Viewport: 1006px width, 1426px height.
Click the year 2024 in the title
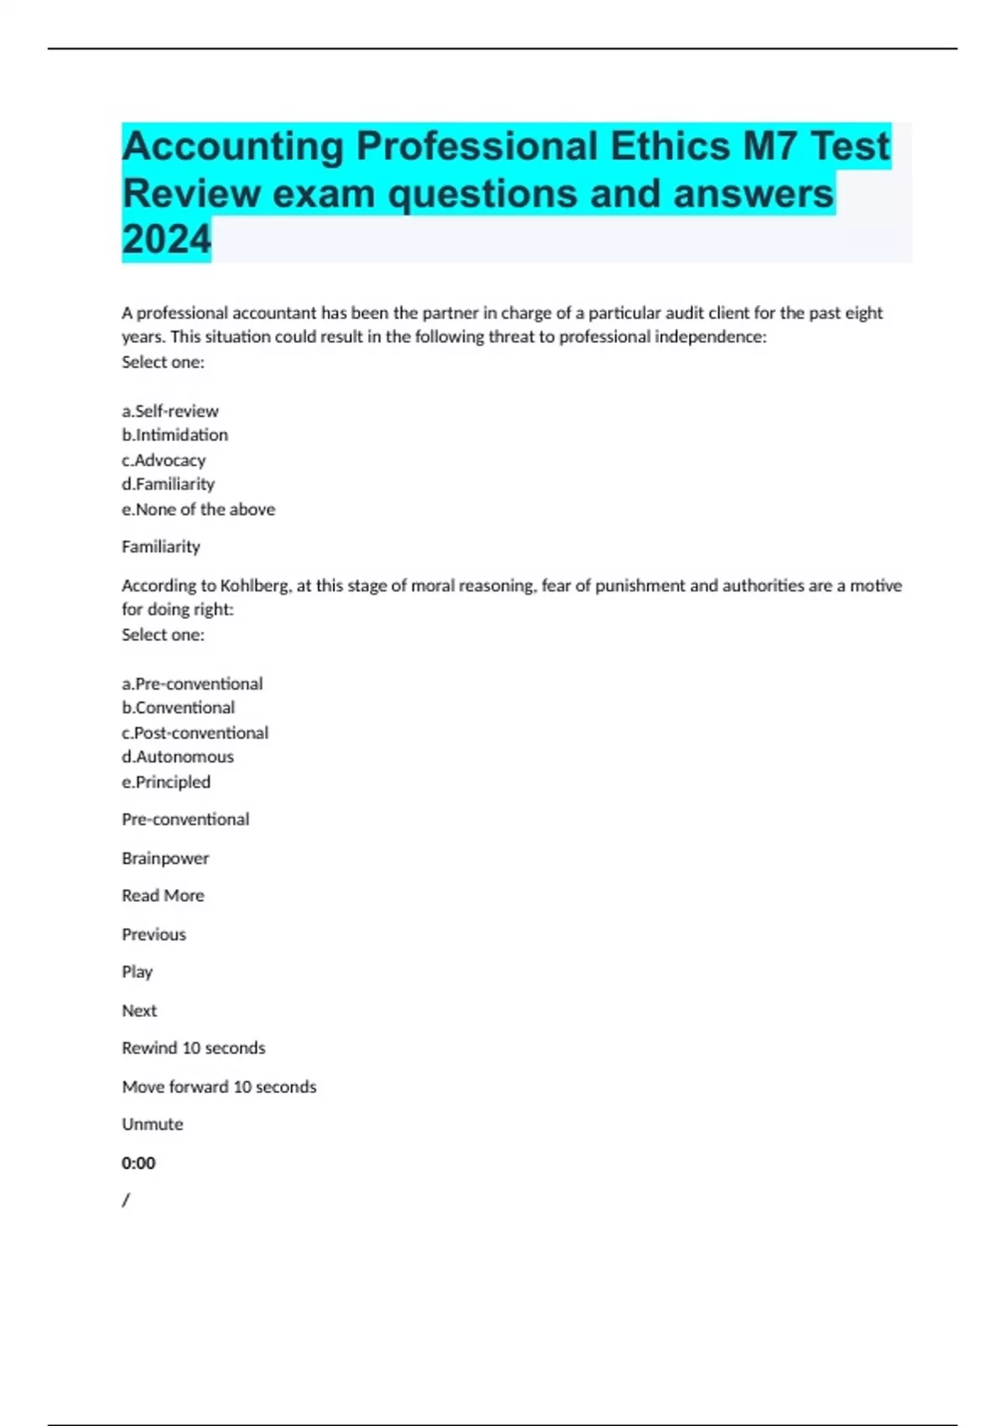166,240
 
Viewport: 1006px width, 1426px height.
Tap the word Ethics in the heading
670,147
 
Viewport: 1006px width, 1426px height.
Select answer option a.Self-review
170,411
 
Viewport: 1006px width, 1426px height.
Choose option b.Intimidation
174,435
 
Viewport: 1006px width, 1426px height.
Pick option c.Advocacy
163,461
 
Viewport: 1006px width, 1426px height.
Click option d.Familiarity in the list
168,484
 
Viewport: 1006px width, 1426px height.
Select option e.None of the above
198,509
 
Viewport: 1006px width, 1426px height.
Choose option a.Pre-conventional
192,684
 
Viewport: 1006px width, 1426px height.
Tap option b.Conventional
178,708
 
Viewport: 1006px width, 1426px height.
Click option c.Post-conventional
194,733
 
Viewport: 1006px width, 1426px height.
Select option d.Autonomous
178,757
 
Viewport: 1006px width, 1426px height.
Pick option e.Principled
166,782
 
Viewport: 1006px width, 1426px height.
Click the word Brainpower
165,858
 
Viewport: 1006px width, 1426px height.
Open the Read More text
163,896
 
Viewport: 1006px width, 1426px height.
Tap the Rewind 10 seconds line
193,1048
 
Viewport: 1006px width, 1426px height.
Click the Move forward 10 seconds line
219,1087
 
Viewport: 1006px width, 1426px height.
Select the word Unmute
152,1124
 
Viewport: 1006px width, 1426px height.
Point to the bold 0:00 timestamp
138,1163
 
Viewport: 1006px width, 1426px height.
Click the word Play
137,972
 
